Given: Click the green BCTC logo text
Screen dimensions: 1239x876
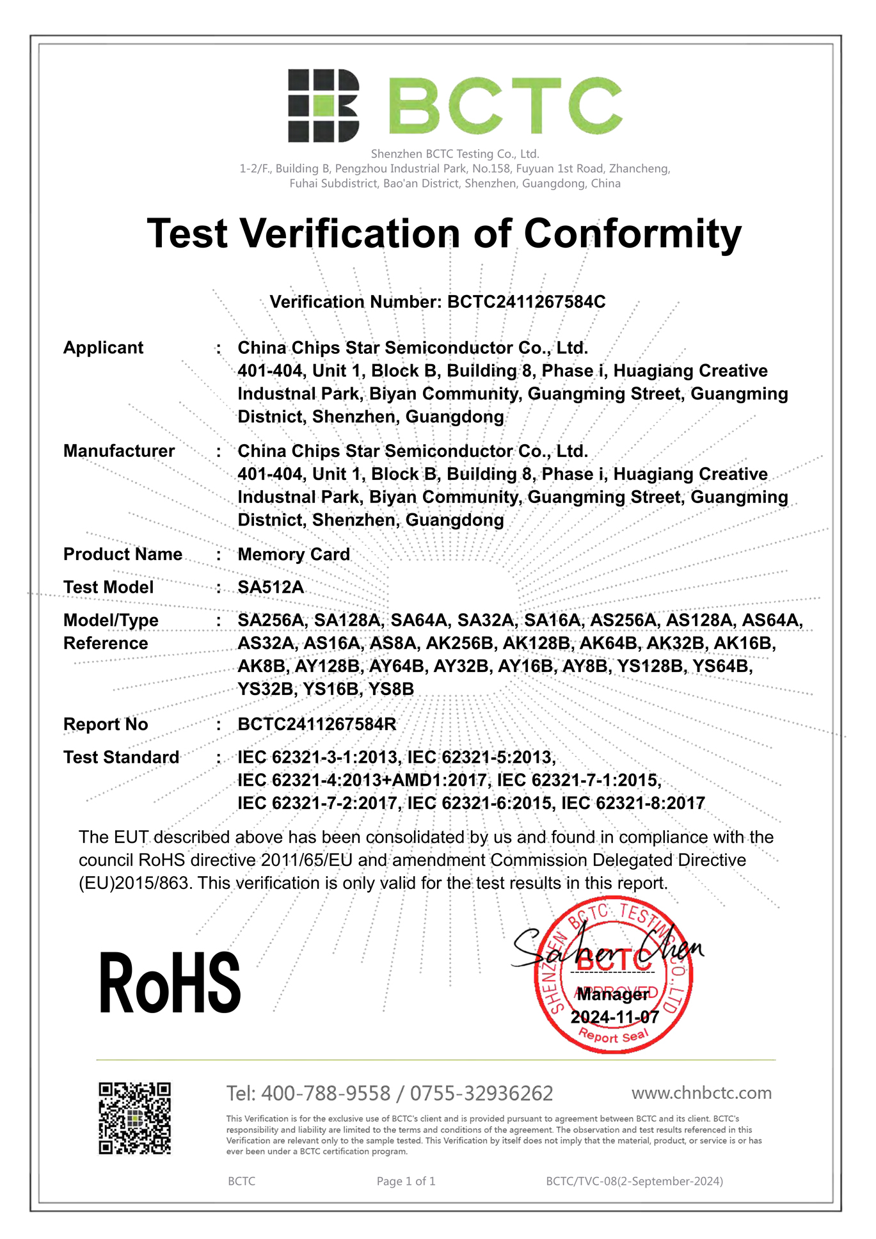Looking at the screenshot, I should pyautogui.click(x=506, y=106).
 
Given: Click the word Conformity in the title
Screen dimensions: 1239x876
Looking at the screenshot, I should pyautogui.click(x=632, y=234).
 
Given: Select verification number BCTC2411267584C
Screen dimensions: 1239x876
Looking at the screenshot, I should pyautogui.click(x=526, y=302).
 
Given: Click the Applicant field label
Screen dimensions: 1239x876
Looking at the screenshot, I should pyautogui.click(x=103, y=348).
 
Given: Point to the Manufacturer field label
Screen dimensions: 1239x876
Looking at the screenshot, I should pyautogui.click(x=118, y=451).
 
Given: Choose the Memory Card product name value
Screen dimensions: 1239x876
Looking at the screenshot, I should pyautogui.click(x=294, y=554).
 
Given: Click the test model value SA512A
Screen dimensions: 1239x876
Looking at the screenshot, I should pyautogui.click(x=271, y=588).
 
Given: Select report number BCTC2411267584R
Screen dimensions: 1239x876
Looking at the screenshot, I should pyautogui.click(x=317, y=724).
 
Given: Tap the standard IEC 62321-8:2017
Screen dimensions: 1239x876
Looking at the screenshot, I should pyautogui.click(x=633, y=803).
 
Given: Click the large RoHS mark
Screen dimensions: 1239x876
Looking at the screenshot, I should pyautogui.click(x=170, y=983).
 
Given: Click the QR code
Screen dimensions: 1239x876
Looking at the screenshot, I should pyautogui.click(x=134, y=1118).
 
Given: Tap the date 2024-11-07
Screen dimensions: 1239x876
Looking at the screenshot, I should pyautogui.click(x=614, y=1017).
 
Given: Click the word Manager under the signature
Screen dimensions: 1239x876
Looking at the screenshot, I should pyautogui.click(x=613, y=995).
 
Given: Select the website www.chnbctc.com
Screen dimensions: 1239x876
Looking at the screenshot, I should pyautogui.click(x=701, y=1093).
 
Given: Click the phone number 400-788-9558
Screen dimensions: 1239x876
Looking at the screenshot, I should pyautogui.click(x=326, y=1094).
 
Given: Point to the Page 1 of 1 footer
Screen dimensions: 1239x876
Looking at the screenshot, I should pyautogui.click(x=406, y=1181).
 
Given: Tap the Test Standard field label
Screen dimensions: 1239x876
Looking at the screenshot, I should pyautogui.click(x=121, y=758).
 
